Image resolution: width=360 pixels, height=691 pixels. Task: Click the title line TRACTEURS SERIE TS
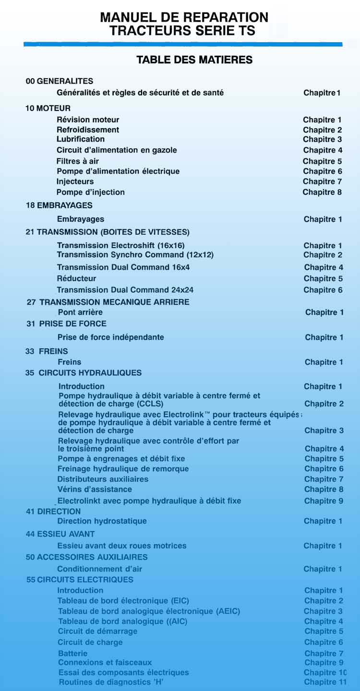pyautogui.click(x=182, y=31)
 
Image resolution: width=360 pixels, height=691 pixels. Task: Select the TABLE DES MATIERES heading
pyautogui.click(x=194, y=60)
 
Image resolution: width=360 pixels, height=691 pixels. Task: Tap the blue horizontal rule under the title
pyautogui.click(x=183, y=44)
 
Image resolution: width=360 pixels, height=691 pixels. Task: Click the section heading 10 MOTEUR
pyautogui.click(x=48, y=108)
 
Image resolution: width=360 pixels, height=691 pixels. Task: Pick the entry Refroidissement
pyautogui.click(x=88, y=130)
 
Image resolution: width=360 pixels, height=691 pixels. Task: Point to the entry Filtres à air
pyautogui.click(x=78, y=161)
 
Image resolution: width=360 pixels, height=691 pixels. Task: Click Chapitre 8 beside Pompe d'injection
pyautogui.click(x=322, y=192)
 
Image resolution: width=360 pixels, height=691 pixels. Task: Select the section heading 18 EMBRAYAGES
pyautogui.click(x=59, y=205)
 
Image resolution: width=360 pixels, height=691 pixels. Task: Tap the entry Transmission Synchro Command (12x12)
pyautogui.click(x=135, y=255)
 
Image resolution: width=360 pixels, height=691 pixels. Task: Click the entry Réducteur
pyautogui.click(x=77, y=278)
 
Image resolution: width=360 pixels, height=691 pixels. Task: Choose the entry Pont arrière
pyautogui.click(x=80, y=312)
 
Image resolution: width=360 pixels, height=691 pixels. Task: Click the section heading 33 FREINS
pyautogui.click(x=47, y=351)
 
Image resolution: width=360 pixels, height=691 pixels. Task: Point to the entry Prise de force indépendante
pyautogui.click(x=111, y=337)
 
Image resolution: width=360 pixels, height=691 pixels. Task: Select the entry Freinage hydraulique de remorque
pyautogui.click(x=123, y=469)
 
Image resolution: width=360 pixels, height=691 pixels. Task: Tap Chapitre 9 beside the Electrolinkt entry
pyautogui.click(x=324, y=501)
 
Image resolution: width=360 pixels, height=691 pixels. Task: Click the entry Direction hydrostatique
pyautogui.click(x=102, y=521)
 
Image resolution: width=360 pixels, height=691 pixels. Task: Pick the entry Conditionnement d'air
pyautogui.click(x=100, y=569)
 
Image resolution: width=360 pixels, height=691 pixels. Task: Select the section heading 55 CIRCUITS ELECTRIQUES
pyautogui.click(x=80, y=580)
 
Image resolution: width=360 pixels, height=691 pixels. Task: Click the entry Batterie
pyautogui.click(x=73, y=653)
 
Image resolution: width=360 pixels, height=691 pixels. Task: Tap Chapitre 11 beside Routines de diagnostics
pyautogui.click(x=325, y=682)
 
